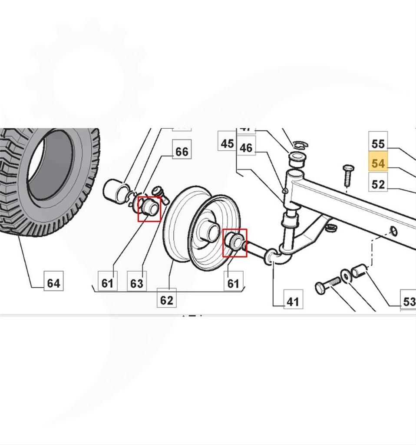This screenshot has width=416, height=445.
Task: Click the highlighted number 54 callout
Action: click(378, 164)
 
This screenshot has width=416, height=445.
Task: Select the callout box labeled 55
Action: click(378, 143)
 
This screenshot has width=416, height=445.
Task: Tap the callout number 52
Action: click(378, 184)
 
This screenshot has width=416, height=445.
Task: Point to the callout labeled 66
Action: click(182, 151)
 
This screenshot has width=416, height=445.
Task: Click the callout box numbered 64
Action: click(54, 283)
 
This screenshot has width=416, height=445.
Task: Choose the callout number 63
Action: click(137, 283)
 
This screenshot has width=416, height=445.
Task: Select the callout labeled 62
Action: click(166, 300)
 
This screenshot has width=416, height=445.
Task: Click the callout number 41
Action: click(293, 300)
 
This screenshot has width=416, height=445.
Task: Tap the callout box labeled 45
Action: click(228, 143)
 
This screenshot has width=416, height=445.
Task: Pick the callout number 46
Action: click(246, 147)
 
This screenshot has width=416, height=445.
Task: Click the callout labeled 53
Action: click(409, 301)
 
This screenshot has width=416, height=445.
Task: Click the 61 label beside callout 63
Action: click(107, 283)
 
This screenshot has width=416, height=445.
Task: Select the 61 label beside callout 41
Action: click(233, 283)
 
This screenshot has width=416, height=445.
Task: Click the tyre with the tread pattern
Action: click(48, 183)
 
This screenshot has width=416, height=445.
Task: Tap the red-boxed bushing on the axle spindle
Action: click(234, 242)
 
